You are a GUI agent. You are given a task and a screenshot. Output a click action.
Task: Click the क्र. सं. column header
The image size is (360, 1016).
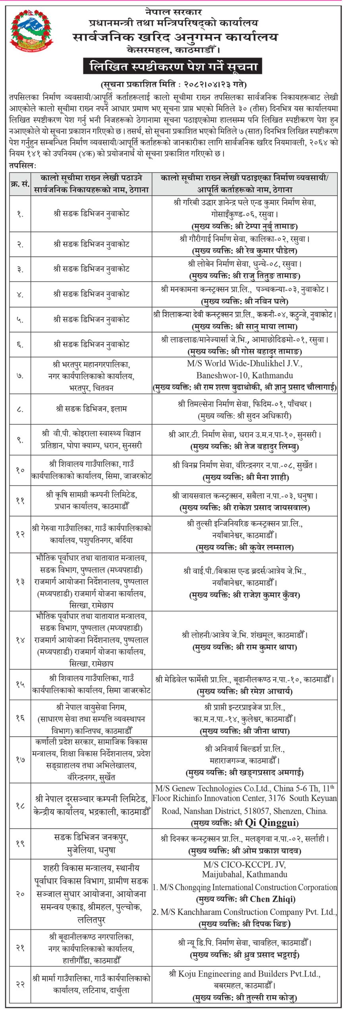pos(20,185)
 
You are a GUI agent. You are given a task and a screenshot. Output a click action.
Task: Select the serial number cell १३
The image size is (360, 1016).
pos(20,582)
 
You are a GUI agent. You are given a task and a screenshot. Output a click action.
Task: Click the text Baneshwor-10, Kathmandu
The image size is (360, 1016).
pos(244,375)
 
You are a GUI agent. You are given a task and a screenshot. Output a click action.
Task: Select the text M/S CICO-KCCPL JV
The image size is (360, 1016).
pos(244,864)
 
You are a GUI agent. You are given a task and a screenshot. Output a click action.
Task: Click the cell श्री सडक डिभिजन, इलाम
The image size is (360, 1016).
pos(91,409)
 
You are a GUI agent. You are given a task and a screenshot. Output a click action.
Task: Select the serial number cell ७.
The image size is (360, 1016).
pos(20,375)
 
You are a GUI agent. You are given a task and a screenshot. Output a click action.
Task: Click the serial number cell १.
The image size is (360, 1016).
pos(20,214)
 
